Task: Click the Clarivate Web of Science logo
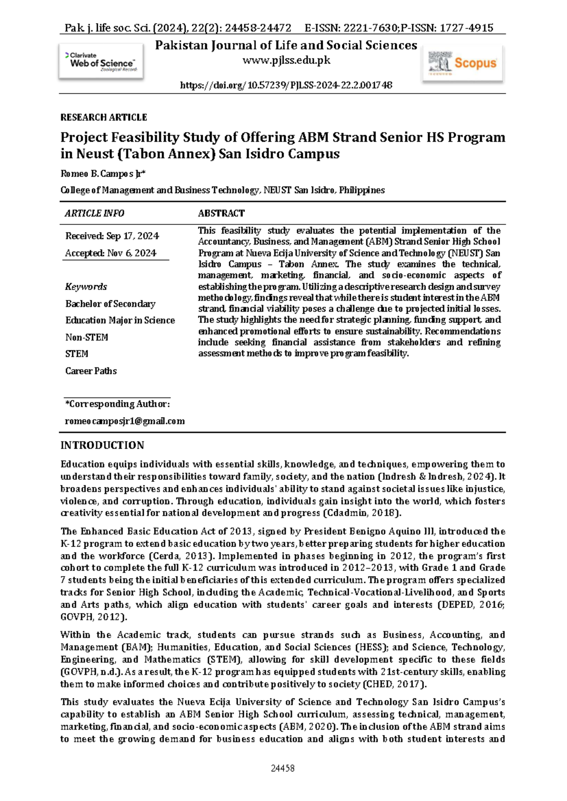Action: click(x=101, y=62)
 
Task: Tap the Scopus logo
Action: click(x=463, y=63)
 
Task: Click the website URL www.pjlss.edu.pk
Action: click(x=286, y=60)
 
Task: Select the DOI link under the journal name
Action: click(x=286, y=85)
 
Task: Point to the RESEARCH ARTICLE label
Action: click(x=103, y=117)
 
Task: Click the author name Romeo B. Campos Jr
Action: click(x=103, y=174)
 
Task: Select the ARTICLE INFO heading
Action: click(x=94, y=213)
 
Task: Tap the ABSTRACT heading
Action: click(x=221, y=213)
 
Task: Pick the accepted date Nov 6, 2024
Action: click(x=131, y=253)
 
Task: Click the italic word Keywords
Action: click(x=86, y=287)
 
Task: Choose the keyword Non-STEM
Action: click(x=86, y=337)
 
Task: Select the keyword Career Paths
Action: click(x=91, y=371)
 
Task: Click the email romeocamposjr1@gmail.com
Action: click(x=125, y=421)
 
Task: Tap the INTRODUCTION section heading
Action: click(x=102, y=445)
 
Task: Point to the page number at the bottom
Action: click(x=283, y=768)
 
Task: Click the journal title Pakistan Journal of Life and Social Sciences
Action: click(x=286, y=45)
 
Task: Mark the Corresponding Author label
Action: click(x=117, y=404)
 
